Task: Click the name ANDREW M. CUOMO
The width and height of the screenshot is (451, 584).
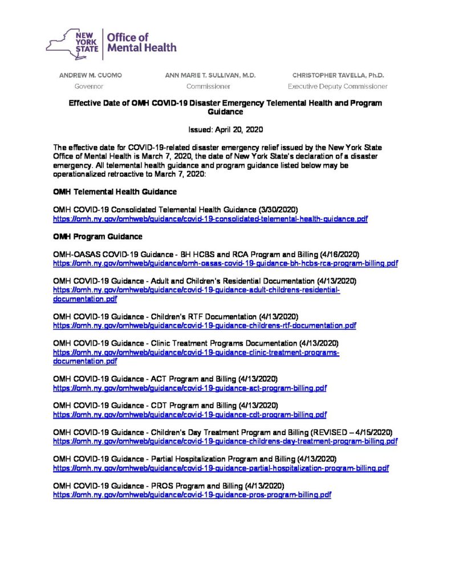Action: pos(91,75)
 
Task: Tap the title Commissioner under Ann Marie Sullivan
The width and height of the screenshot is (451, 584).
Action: pos(208,87)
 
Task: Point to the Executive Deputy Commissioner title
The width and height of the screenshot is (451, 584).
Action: pos(338,87)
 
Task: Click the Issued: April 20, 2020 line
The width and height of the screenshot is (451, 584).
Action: pos(225,129)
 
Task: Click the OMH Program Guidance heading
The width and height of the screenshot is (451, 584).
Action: pos(97,236)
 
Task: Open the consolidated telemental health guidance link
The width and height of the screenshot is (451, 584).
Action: pos(210,219)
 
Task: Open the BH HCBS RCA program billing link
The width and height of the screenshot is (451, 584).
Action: pos(225,263)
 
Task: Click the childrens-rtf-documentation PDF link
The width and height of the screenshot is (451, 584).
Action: pos(204,325)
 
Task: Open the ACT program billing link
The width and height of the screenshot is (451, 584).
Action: pos(189,388)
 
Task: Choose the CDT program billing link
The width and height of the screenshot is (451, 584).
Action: pos(189,415)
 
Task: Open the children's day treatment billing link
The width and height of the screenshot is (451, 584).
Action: pos(225,441)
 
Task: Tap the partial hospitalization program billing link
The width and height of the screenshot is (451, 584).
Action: pos(221,468)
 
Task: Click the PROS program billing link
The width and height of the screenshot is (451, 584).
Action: pos(192,495)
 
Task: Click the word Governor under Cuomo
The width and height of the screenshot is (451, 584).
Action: pos(89,87)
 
